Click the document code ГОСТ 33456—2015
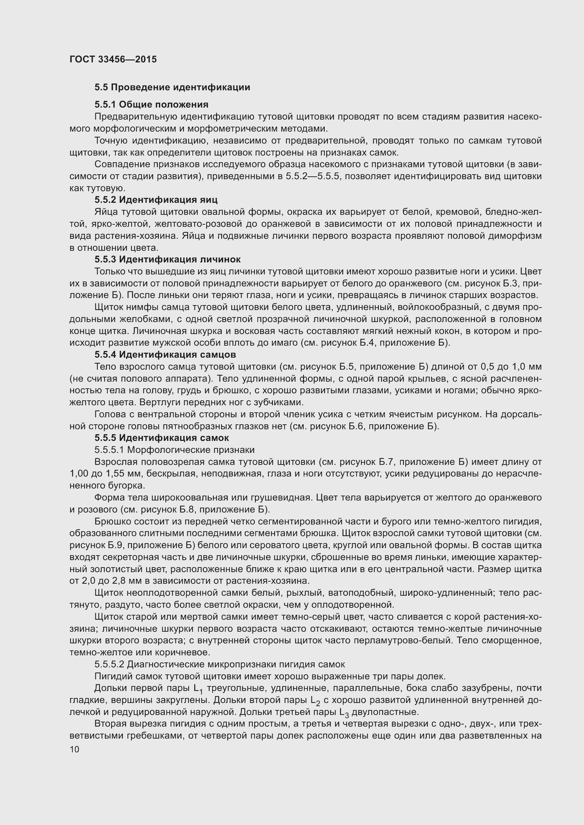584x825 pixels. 113,59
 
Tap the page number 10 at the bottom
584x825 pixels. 75,750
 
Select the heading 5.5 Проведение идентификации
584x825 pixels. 172,87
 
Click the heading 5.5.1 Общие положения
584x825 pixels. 151,104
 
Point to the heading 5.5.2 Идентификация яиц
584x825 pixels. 156,200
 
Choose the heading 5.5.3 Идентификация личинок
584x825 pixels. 168,260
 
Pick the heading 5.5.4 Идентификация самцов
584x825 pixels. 165,354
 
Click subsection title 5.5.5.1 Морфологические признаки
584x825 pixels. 174,450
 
